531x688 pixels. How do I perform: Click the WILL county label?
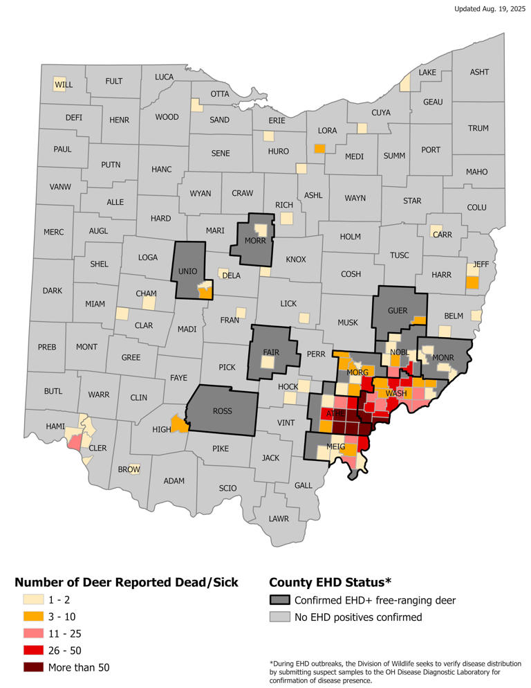64,85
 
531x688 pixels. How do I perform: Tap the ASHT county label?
479,72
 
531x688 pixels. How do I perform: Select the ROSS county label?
222,411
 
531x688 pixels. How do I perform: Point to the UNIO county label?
188,271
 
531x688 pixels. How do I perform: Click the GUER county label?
398,311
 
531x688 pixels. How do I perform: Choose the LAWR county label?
279,518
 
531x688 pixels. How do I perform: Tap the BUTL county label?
53,391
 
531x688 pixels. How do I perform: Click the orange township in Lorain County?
319,148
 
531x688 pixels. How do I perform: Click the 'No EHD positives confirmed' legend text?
357,617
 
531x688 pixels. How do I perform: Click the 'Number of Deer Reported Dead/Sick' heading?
127,582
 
